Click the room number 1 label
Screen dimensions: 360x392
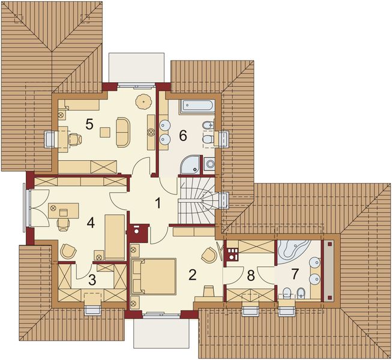pyautogui.click(x=158, y=203)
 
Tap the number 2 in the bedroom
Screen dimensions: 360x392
pyautogui.click(x=192, y=275)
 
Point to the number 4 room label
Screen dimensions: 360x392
pyautogui.click(x=90, y=223)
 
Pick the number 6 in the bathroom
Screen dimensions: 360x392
pyautogui.click(x=183, y=136)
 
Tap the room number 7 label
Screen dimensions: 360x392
pyautogui.click(x=295, y=275)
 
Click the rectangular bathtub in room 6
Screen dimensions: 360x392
pyautogui.click(x=196, y=106)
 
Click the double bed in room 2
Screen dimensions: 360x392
pyautogui.click(x=153, y=276)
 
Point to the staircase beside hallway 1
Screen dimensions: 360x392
pyautogui.click(x=198, y=200)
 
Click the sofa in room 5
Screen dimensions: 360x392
pyautogui.click(x=124, y=131)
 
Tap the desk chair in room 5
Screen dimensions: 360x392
pyautogui.click(x=74, y=139)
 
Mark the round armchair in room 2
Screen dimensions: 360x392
pyautogui.click(x=210, y=254)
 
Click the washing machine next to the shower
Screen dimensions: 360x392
pyautogui.click(x=209, y=164)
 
